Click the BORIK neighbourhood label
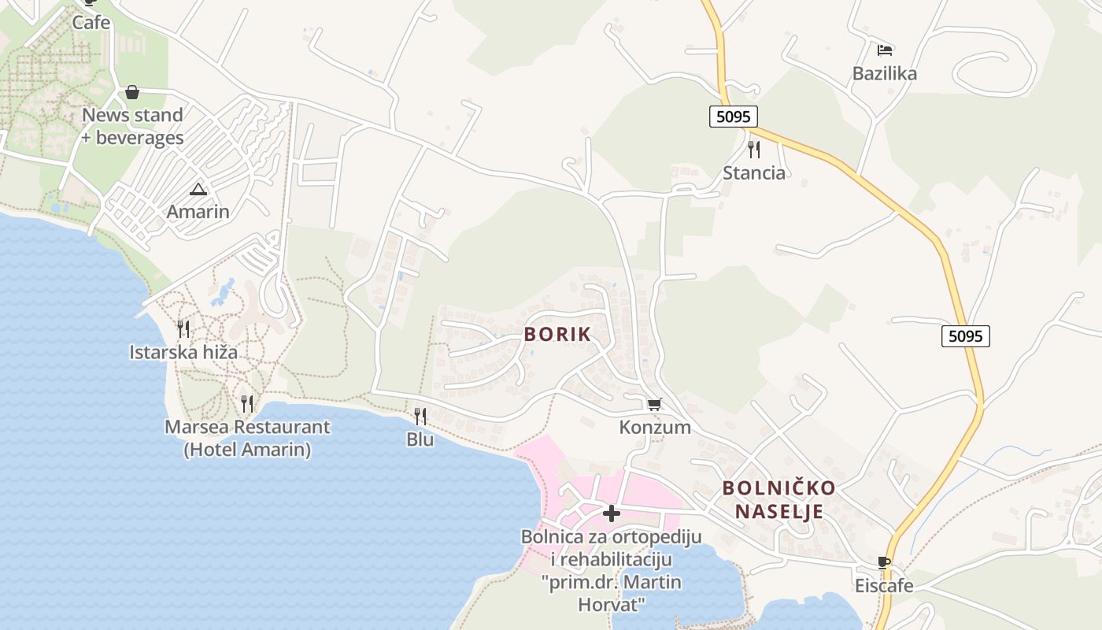[x=557, y=334]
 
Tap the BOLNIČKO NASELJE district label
[x=778, y=499]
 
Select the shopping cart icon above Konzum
[x=654, y=405]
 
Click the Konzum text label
[x=655, y=428]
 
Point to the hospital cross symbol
[x=612, y=514]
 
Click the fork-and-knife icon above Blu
[x=420, y=416]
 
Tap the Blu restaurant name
[x=420, y=439]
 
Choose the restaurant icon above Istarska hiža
[x=183, y=329]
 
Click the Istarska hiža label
[x=183, y=352]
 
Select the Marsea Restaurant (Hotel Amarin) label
[x=247, y=439]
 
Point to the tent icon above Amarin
[x=198, y=189]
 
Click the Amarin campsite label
[x=198, y=212]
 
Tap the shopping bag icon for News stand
[x=132, y=93]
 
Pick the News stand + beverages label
[x=132, y=126]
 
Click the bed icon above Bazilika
[x=885, y=50]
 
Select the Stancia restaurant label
[x=754, y=173]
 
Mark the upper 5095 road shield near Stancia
[x=733, y=117]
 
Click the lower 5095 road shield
[x=965, y=336]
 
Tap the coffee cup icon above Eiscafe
[x=884, y=563]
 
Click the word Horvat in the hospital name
[x=612, y=605]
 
